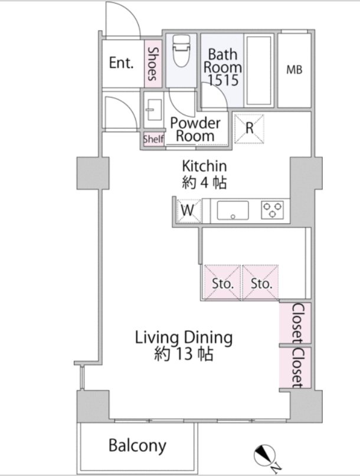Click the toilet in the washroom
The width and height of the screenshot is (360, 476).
click(181, 51)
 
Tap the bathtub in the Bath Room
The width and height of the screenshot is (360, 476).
click(258, 70)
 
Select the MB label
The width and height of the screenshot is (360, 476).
click(294, 70)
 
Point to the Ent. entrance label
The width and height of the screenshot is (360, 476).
click(122, 63)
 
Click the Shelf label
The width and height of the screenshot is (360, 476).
click(153, 139)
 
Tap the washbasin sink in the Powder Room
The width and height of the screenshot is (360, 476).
click(154, 110)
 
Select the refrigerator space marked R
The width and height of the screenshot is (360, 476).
click(249, 128)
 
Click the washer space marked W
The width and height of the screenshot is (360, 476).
click(189, 211)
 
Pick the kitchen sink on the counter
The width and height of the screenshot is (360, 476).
click(233, 210)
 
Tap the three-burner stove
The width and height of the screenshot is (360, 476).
click(272, 210)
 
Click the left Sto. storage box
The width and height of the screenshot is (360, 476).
click(222, 283)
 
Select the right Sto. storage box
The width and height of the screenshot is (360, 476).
click(260, 283)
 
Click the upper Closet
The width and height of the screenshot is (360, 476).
click(296, 323)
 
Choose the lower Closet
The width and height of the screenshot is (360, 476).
click(296, 367)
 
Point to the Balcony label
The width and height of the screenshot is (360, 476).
click(138, 446)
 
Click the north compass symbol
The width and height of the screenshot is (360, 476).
click(265, 456)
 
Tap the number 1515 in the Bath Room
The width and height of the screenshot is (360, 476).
click(223, 80)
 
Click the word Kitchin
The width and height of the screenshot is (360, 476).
click(204, 166)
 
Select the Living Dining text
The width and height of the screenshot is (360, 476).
click(184, 338)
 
